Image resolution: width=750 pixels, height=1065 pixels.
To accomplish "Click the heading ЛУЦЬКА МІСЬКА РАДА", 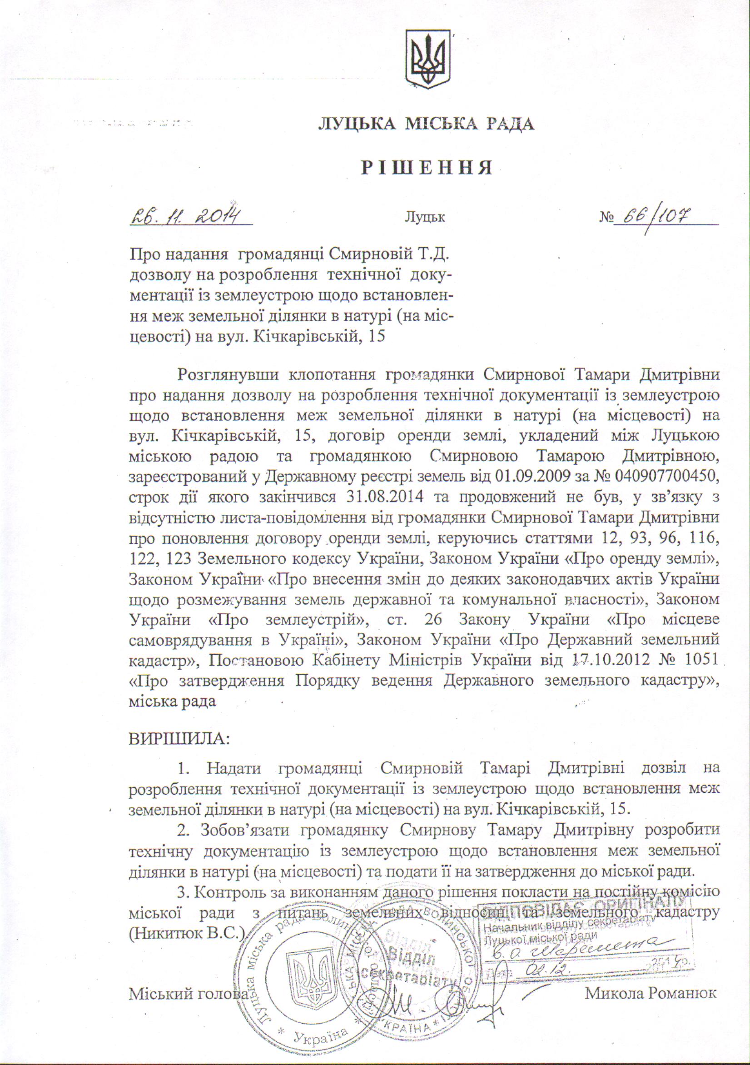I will click(x=426, y=124).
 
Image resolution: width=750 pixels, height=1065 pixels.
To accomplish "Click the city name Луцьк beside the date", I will click(x=425, y=217).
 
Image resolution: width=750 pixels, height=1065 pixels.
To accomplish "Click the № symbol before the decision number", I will click(x=606, y=217).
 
